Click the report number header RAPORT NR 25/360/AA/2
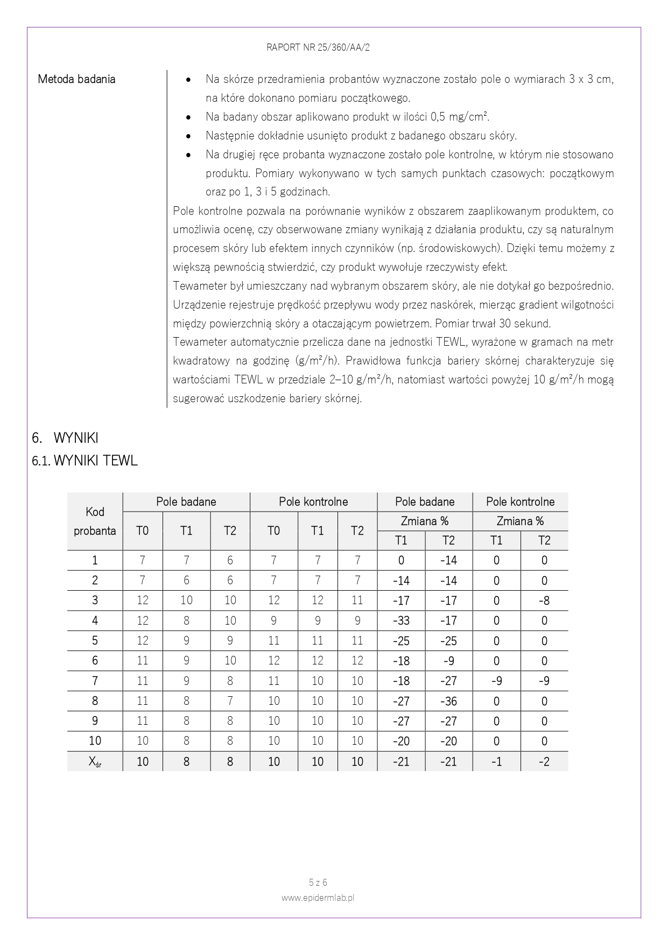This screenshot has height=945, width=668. pos(318,47)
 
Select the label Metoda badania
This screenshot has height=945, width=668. pos(76,79)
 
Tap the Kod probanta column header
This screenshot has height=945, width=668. pos(95,521)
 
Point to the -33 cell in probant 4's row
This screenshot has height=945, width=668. pos(401,621)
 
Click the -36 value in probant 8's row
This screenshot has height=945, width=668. pos(448,701)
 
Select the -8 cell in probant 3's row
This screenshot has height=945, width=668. pos(544,600)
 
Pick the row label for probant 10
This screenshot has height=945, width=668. pos(95,741)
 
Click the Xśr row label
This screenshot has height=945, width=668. pos(95,762)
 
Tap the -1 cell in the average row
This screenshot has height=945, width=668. pos(496,762)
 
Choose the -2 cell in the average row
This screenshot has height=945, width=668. pos(544,762)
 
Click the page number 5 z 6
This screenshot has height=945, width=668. pos(318,883)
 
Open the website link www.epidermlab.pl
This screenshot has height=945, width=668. pos(318,898)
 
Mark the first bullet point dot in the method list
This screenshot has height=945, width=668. pos(188,80)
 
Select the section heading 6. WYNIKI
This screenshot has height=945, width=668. pos(65,438)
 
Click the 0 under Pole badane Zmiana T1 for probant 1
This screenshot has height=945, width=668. pos(401,561)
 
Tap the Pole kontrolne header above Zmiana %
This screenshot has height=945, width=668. pos(520,502)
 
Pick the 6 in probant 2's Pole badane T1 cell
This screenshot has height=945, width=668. pos(186,580)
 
